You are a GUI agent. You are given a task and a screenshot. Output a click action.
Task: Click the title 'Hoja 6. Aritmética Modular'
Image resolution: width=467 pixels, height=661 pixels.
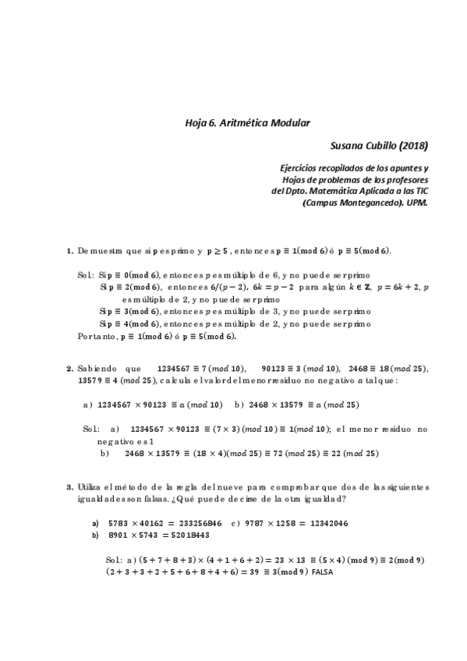click(x=247, y=123)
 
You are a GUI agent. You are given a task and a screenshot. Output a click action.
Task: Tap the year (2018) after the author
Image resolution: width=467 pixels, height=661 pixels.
click(x=410, y=145)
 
